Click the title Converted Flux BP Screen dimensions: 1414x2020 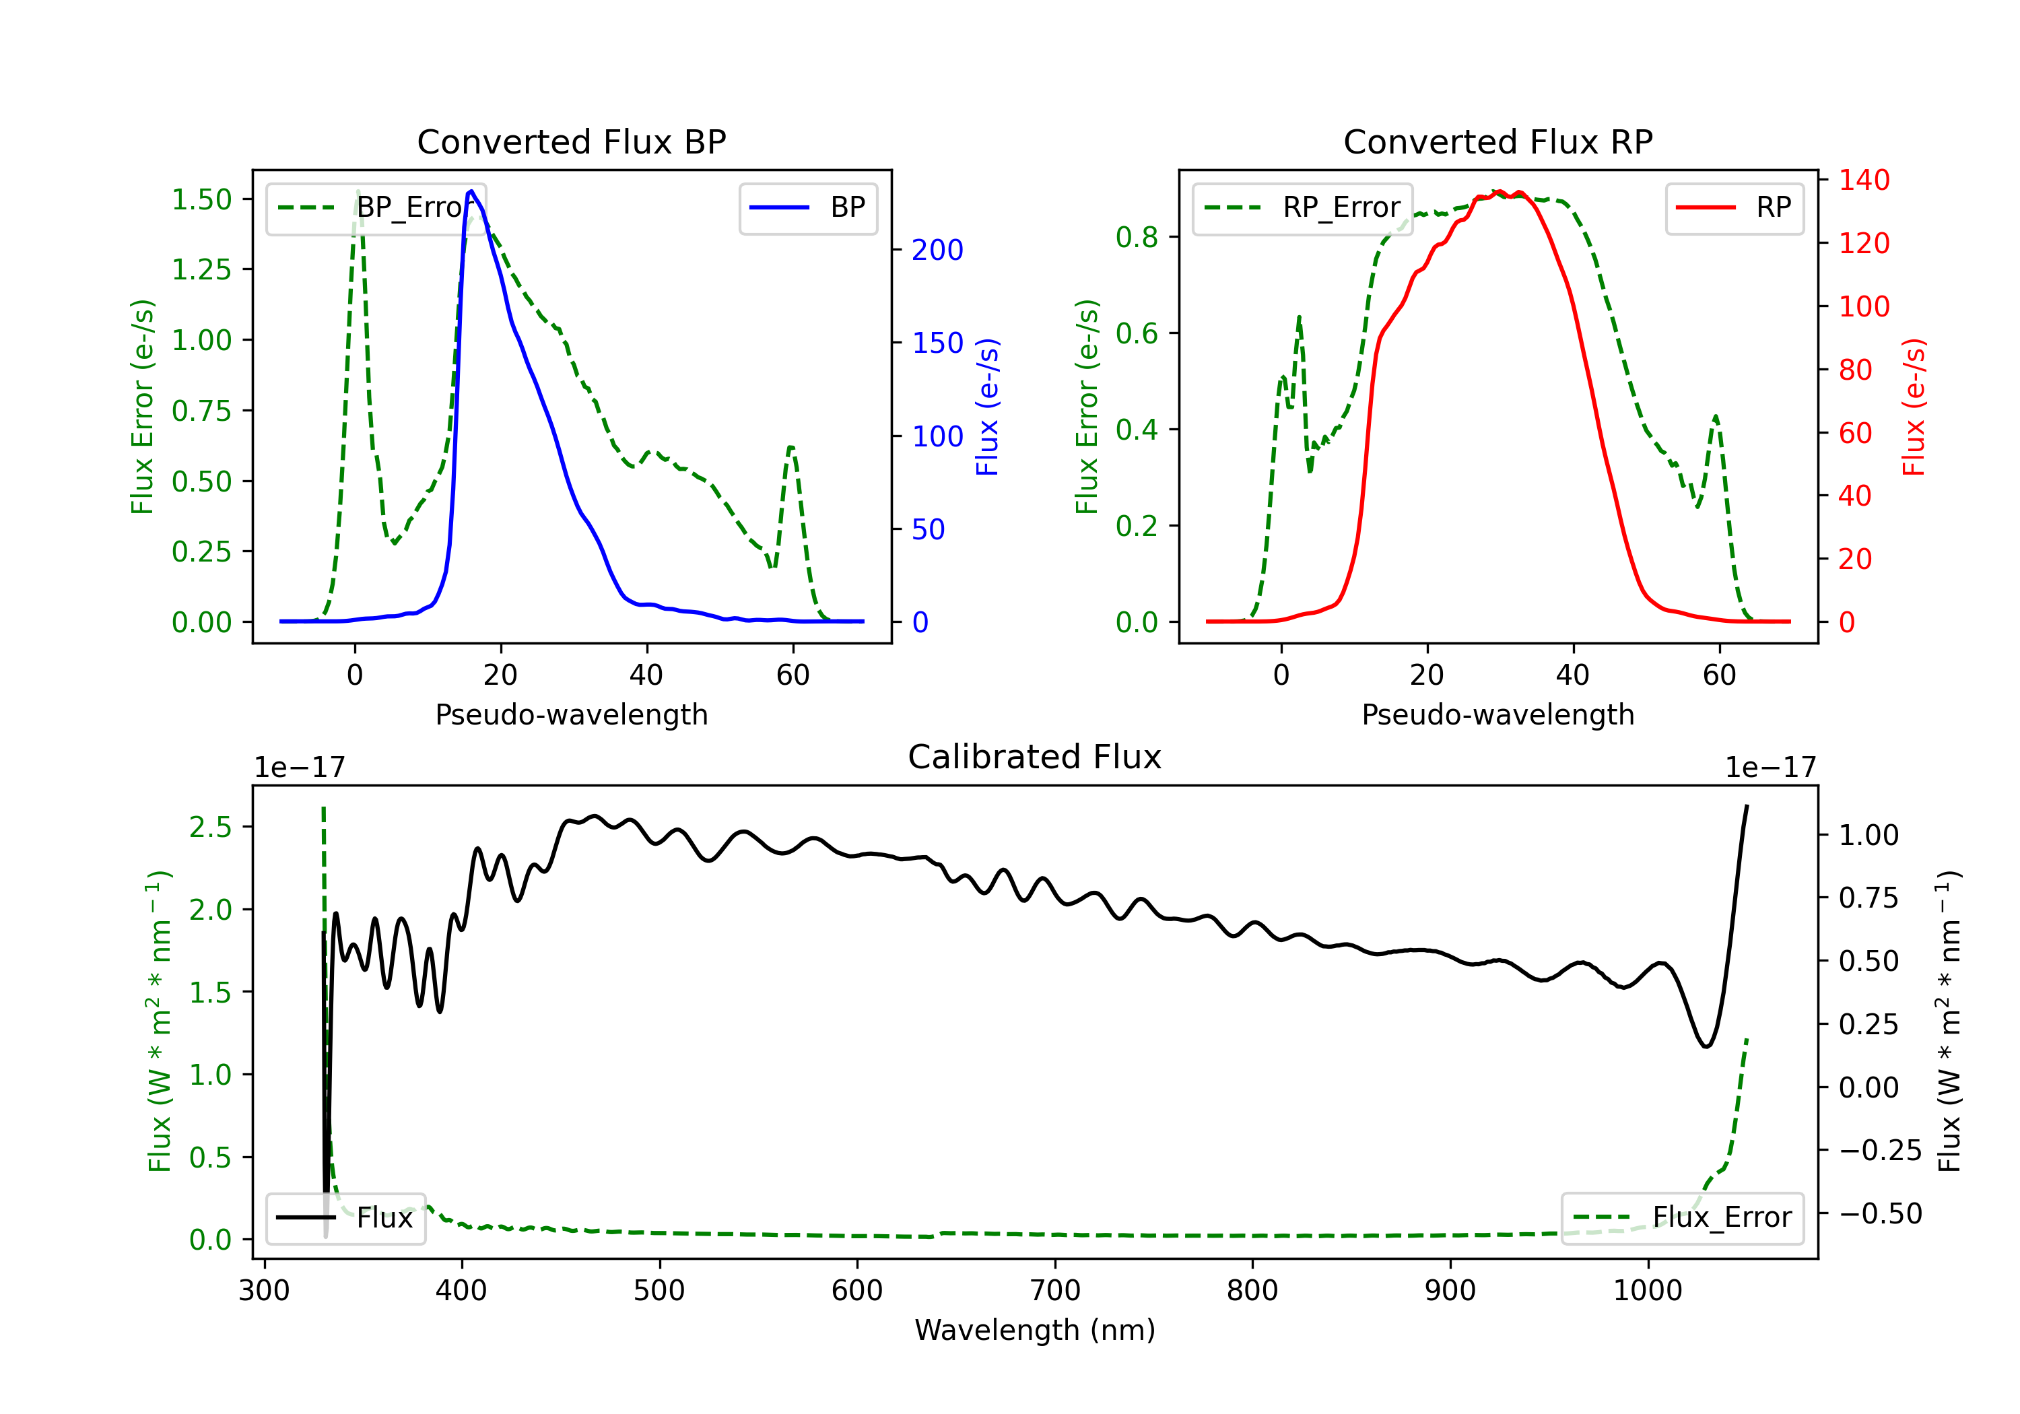pyautogui.click(x=571, y=141)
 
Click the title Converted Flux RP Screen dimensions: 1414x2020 pyautogui.click(x=1497, y=141)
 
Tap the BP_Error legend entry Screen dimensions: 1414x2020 pyautogui.click(x=376, y=207)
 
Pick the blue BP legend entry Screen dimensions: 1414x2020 pyautogui.click(x=807, y=207)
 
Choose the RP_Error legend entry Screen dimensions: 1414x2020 pyautogui.click(x=1302, y=207)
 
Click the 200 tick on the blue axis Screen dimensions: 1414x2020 pyautogui.click(x=937, y=250)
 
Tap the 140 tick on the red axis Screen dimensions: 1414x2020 pyautogui.click(x=1863, y=180)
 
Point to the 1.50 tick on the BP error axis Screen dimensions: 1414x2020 pyautogui.click(x=201, y=200)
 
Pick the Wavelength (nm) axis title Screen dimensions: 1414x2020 pyautogui.click(x=1035, y=1330)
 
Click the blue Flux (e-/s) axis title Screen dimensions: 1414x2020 pyautogui.click(x=987, y=407)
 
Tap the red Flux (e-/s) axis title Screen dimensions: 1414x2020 pyautogui.click(x=1914, y=407)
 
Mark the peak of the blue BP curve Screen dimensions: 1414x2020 pyautogui.click(x=471, y=191)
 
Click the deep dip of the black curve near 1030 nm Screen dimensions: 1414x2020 pyautogui.click(x=1706, y=1046)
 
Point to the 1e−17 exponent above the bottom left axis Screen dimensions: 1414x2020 pyautogui.click(x=299, y=768)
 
